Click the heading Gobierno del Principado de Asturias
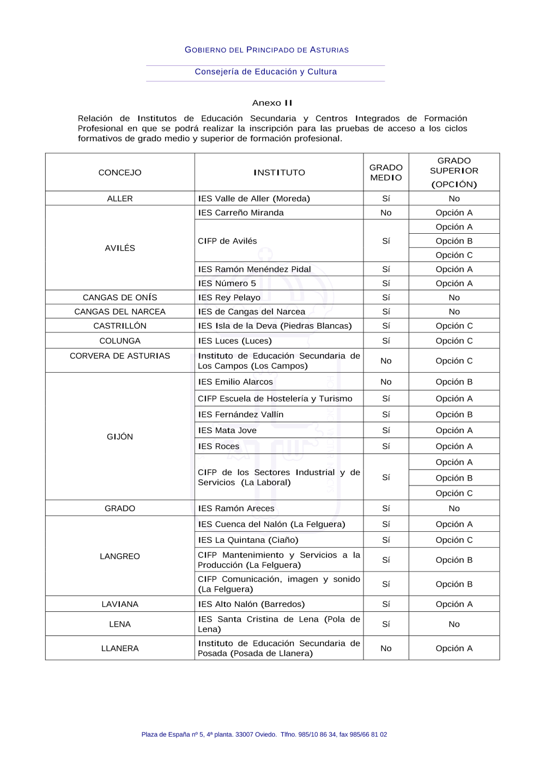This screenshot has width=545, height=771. click(267, 50)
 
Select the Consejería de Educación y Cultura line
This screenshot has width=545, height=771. click(266, 72)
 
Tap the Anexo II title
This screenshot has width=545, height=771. click(272, 103)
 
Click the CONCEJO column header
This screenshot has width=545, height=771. click(120, 173)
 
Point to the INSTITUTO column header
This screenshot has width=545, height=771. click(279, 173)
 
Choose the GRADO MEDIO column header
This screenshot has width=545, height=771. click(386, 173)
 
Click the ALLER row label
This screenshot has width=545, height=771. click(120, 199)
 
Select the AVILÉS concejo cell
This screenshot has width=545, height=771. click(120, 248)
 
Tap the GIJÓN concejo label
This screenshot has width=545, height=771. click(120, 437)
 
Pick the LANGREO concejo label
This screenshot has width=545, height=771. click(120, 556)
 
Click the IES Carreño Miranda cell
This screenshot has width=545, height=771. click(241, 213)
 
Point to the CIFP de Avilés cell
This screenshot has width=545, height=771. click(227, 241)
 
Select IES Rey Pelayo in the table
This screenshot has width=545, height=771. click(229, 298)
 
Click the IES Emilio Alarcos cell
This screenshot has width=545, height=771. click(235, 382)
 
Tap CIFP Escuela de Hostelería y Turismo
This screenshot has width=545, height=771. click(275, 399)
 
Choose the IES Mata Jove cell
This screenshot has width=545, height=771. click(227, 430)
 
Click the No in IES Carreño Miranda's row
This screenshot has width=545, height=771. click(386, 213)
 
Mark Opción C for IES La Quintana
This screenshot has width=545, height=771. click(454, 541)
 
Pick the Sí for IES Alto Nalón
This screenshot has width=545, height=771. click(386, 604)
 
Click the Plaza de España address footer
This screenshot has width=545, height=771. click(264, 734)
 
